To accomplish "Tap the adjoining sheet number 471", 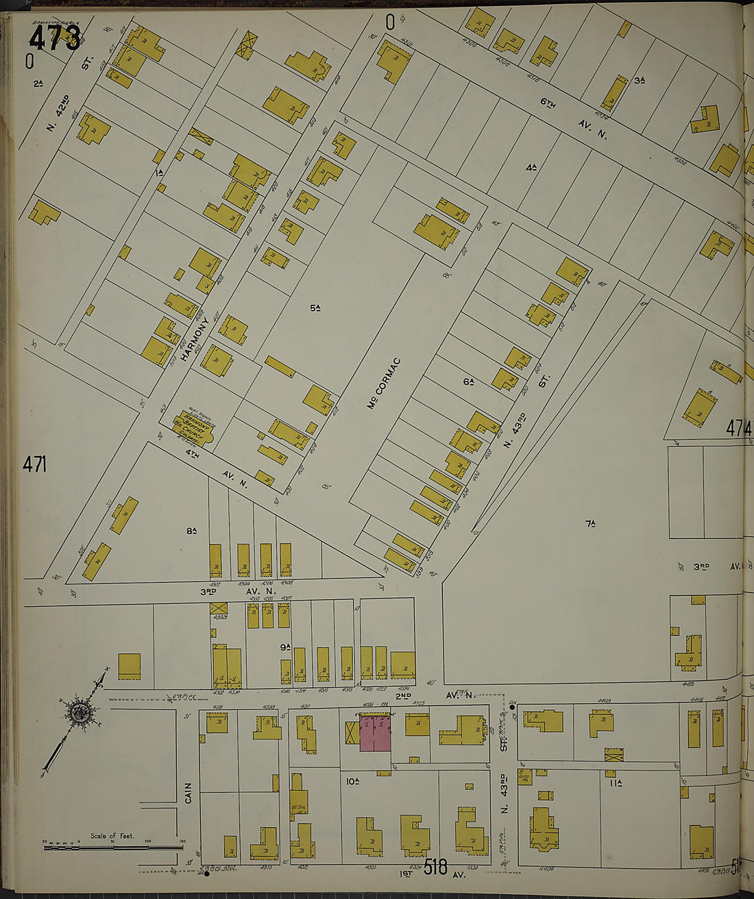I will click(34, 464).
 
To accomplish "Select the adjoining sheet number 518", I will click(435, 868).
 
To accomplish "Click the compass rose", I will click(81, 713).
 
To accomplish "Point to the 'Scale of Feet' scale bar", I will click(113, 844).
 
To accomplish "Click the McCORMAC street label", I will click(384, 383).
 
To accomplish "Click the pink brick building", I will click(376, 733).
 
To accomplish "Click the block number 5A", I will click(315, 308).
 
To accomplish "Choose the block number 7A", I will click(589, 524).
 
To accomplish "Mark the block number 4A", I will click(531, 166).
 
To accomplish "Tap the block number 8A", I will click(191, 531).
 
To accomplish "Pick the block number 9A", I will click(285, 647).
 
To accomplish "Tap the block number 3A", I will click(640, 80).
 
